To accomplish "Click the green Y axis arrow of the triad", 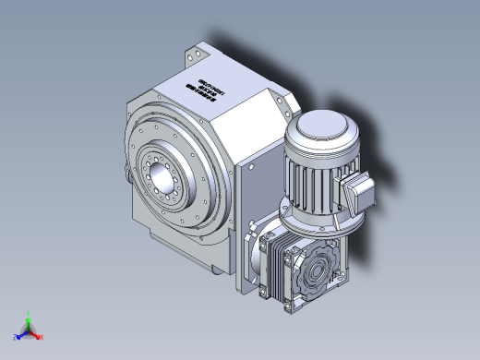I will tap(29, 317).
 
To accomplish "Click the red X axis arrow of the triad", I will tap(40, 336).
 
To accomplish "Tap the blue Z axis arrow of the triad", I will tap(18, 336).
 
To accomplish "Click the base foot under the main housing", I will tap(218, 269).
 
